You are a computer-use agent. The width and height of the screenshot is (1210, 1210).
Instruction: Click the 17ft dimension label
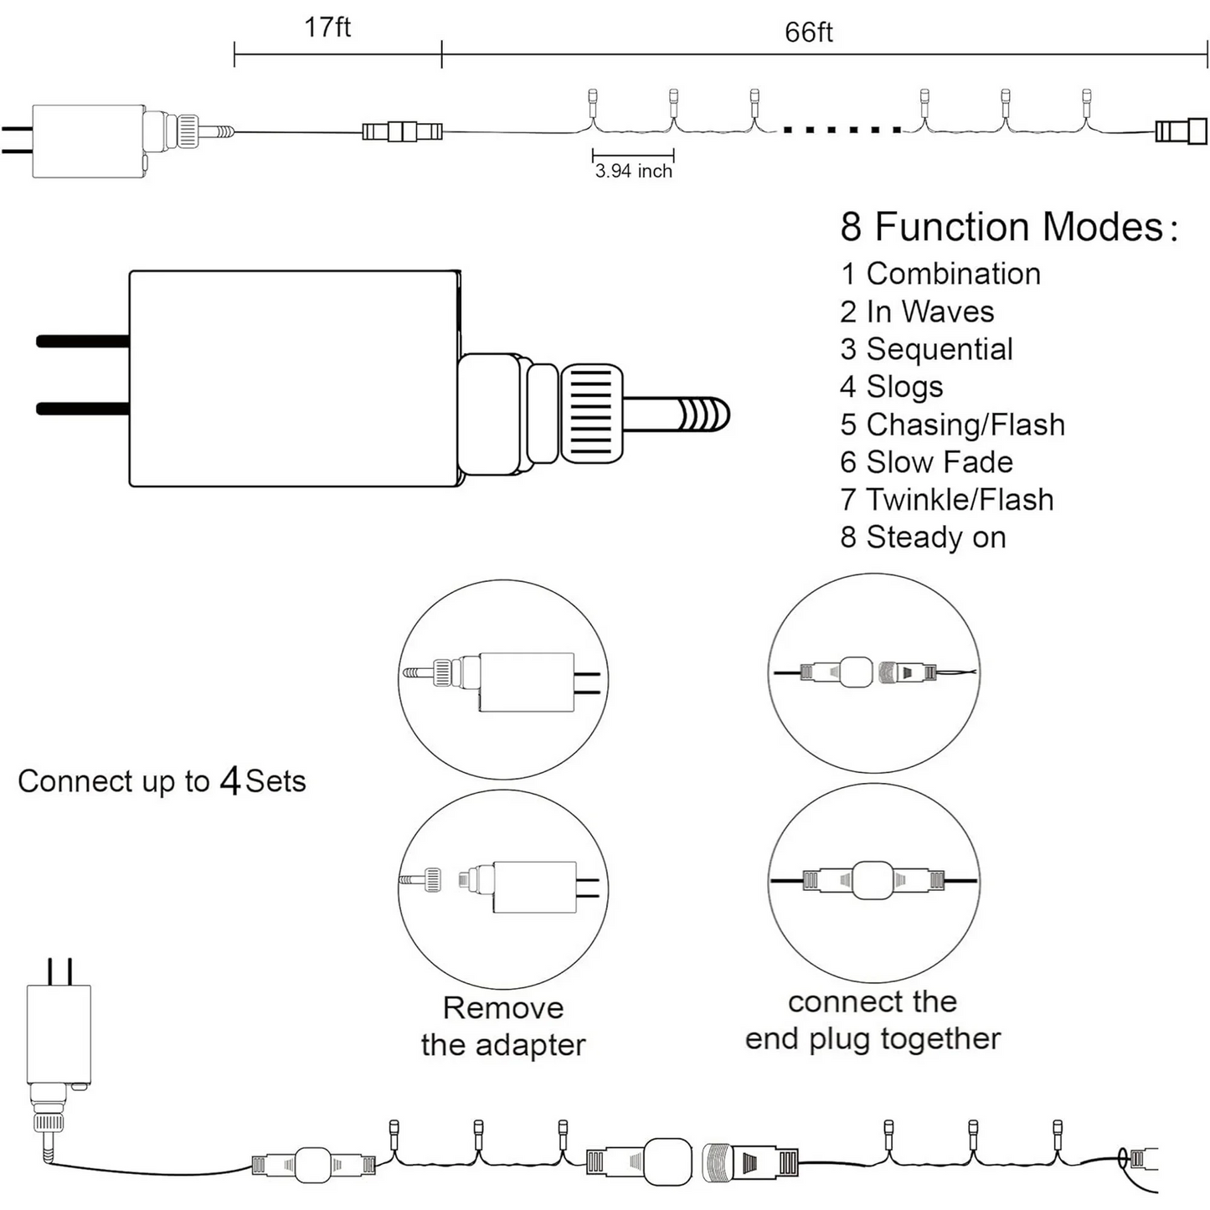coord(327,27)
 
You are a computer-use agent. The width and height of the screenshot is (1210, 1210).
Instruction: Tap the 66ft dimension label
coord(808,32)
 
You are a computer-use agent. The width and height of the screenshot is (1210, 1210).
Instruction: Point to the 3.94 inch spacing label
coord(634,171)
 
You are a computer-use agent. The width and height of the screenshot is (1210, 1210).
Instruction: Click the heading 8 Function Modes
coord(1008,227)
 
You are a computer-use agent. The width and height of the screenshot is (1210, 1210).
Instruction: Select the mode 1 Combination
coord(940,274)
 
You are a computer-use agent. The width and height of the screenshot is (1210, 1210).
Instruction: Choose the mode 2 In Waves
coord(917,312)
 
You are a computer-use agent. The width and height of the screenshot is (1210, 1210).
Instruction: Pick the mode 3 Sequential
coord(926,349)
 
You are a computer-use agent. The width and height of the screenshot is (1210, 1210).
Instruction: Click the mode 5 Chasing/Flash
coord(952,425)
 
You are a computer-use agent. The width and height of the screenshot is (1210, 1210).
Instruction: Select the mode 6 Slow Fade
coord(926,462)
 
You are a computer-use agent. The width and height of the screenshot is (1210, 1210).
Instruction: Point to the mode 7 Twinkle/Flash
coord(946,500)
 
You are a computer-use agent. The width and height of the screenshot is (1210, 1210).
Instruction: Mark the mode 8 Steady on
coord(923,538)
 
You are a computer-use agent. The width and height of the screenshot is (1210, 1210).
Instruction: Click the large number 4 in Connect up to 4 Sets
coord(229,781)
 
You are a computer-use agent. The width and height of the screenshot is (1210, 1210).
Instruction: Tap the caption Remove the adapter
coord(502,1027)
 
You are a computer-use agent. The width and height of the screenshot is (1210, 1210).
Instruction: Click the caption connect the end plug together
coord(873,1020)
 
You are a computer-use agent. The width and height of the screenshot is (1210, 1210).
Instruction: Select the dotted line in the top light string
coord(842,130)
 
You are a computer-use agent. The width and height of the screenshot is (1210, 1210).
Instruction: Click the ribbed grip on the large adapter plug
coord(592,414)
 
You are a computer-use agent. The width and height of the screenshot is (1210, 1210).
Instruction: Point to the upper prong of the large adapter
coord(82,341)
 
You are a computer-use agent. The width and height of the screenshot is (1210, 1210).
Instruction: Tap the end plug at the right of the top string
coord(1181,131)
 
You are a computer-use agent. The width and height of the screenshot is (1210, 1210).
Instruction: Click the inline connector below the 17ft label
coord(402,131)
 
